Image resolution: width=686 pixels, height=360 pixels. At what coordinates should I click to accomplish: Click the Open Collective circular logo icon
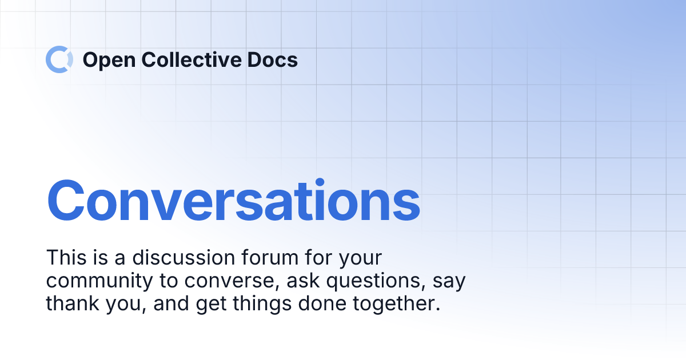[x=59, y=59]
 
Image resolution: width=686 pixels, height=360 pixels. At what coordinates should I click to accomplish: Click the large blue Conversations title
[x=233, y=201]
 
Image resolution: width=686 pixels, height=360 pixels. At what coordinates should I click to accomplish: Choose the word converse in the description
[x=223, y=281]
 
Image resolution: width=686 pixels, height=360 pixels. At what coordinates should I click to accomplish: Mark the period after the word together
[x=438, y=310]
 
